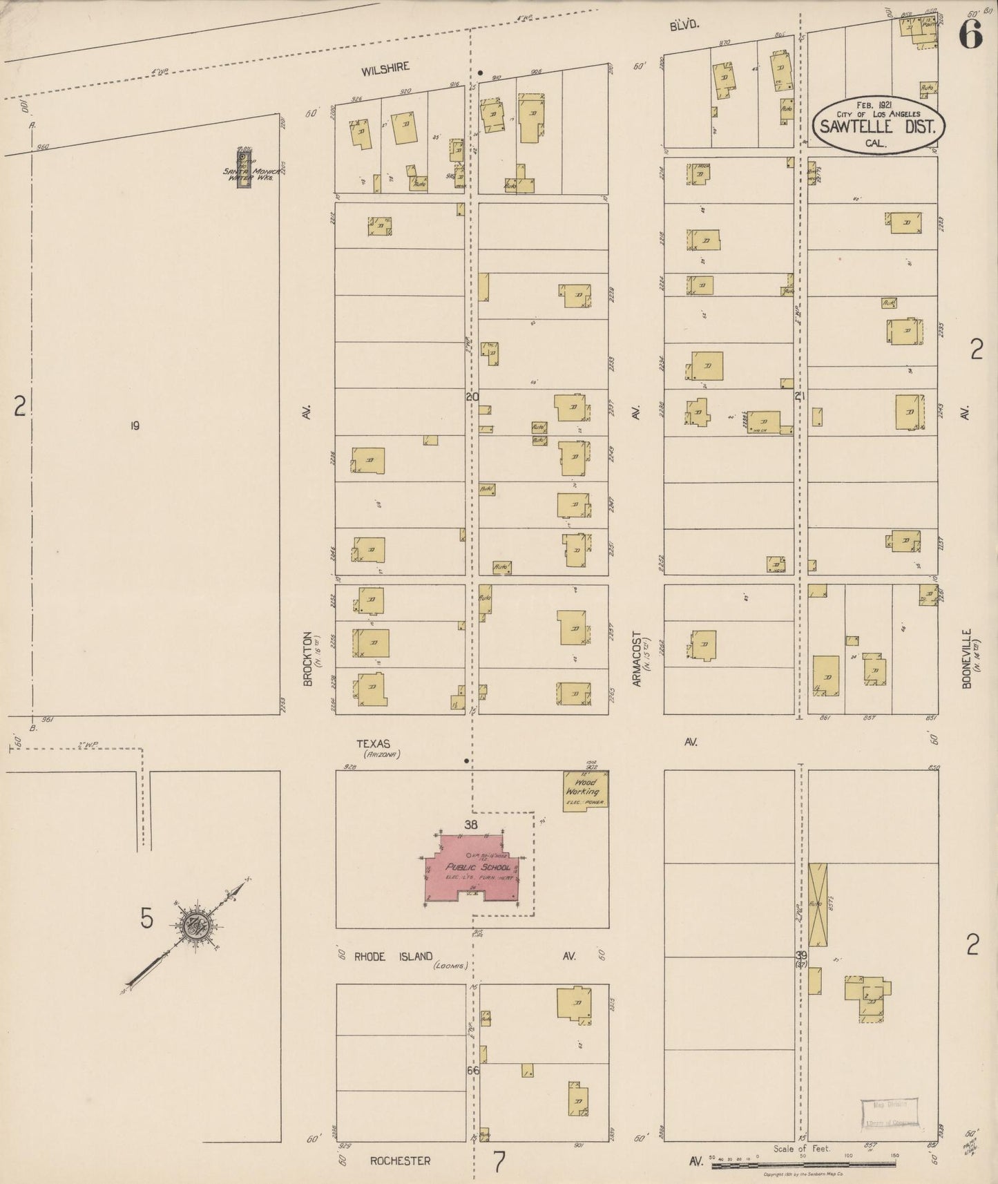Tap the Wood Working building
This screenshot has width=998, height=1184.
coord(584,790)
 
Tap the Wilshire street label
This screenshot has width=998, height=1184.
coord(385,68)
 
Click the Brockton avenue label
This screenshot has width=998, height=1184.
coord(308,660)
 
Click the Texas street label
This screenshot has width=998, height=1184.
coord(374,744)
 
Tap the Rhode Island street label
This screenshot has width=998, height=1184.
coord(394,957)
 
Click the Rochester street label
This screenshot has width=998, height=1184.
coord(399,1161)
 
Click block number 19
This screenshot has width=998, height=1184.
coord(135,426)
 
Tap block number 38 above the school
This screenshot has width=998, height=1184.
coord(472,825)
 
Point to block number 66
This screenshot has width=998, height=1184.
coord(473,1071)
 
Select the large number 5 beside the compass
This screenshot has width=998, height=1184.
coord(146,919)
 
